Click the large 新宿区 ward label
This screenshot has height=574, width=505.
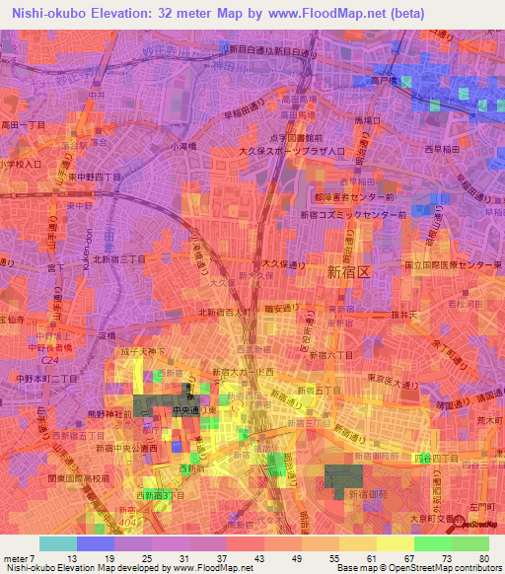pos(348,272)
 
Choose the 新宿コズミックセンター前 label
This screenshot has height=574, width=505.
pos(353,214)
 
